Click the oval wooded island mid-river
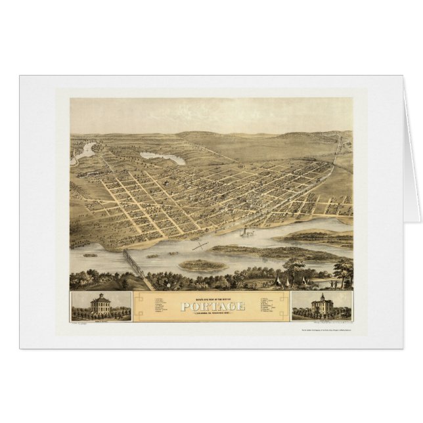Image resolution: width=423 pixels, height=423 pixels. pyautogui.click(x=203, y=265)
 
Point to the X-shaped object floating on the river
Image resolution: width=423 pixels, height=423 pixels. pyautogui.click(x=200, y=246)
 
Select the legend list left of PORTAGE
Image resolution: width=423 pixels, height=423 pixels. pyautogui.click(x=164, y=306)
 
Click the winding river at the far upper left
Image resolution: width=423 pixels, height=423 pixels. pyautogui.click(x=86, y=152)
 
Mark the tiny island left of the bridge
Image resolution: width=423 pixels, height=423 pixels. pyautogui.click(x=90, y=255)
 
